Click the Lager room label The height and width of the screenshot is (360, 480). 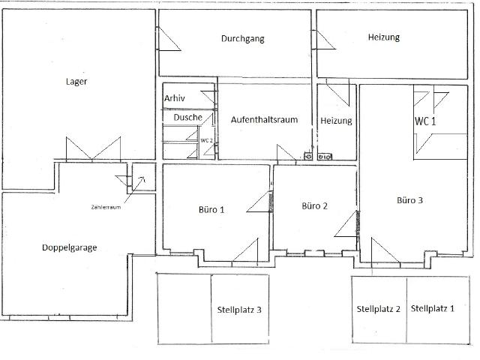pyautogui.click(x=72, y=82)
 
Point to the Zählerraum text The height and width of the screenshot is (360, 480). pyautogui.click(x=106, y=207)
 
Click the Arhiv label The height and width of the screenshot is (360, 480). pyautogui.click(x=175, y=98)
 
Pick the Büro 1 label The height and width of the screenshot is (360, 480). pyautogui.click(x=212, y=210)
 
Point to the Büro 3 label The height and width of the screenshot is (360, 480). pyautogui.click(x=410, y=200)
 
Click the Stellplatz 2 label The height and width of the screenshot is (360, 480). pyautogui.click(x=378, y=308)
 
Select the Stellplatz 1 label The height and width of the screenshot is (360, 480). pyautogui.click(x=433, y=308)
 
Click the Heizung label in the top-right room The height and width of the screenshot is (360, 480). pyautogui.click(x=383, y=37)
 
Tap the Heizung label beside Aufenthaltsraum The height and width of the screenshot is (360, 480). pyautogui.click(x=336, y=121)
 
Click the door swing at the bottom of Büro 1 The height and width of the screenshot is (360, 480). pyautogui.click(x=244, y=250)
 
